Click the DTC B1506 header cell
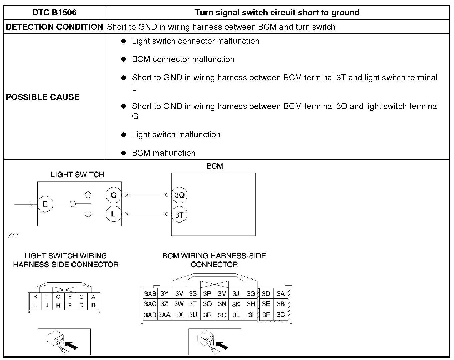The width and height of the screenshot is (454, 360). coord(54,13)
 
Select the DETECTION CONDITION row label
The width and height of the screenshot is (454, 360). coord(54,27)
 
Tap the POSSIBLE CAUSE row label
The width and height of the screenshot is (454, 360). coord(43,97)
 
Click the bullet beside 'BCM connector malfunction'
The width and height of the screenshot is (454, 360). coord(124,59)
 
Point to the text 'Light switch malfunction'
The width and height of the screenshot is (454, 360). coord(176,135)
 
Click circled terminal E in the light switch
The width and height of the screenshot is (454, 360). coord(45,204)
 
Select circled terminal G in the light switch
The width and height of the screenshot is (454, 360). coord(114,195)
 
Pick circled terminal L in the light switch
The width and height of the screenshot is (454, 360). coord(114,214)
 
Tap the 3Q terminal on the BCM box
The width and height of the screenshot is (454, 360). coord(179,195)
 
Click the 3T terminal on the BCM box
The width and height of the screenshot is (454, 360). coord(179,215)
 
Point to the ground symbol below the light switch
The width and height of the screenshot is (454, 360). coord(14,235)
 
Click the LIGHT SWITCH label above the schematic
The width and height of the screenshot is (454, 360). coord(77,174)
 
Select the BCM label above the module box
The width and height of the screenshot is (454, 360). coord(215,166)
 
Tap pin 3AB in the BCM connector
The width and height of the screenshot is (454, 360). coord(150,294)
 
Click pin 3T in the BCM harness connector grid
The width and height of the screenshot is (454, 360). coord(193,304)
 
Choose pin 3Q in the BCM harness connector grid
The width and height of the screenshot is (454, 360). coord(207,304)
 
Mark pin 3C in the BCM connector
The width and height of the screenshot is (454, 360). coord(280,315)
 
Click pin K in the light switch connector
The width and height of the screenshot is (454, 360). coord(35,297)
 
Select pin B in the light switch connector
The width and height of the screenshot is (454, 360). coord(93,305)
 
